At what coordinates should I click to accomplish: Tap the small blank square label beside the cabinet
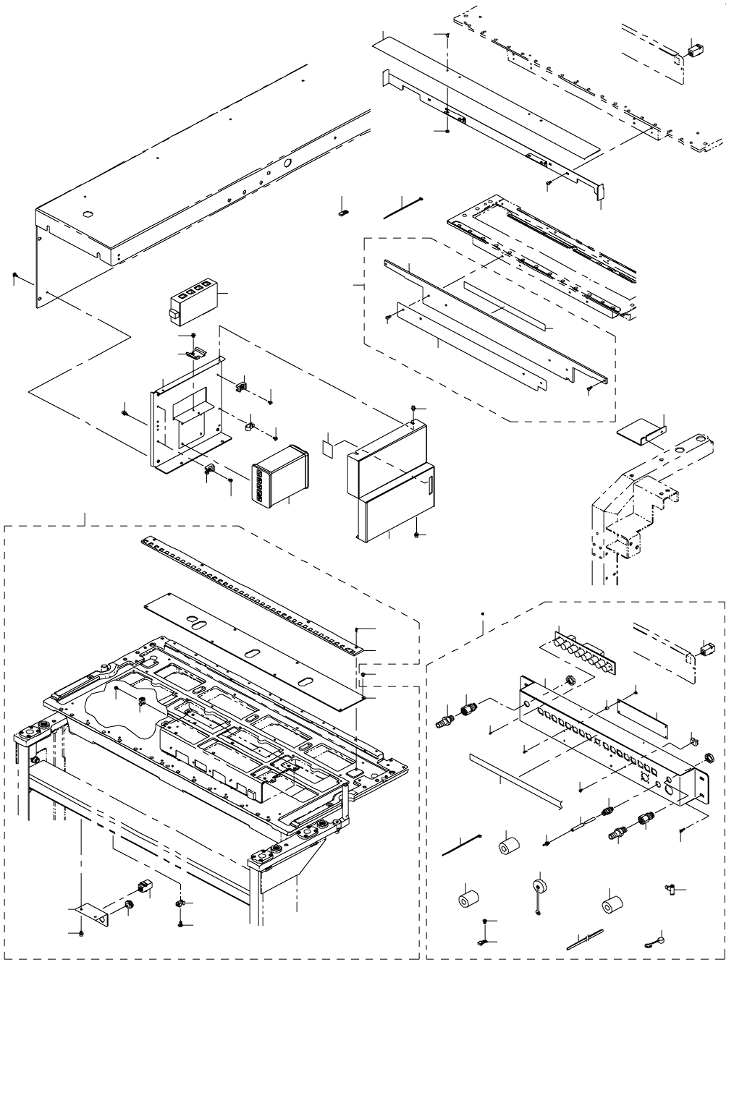point(330,448)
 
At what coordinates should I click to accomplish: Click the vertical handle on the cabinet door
point(429,482)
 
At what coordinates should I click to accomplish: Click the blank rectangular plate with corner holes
point(641,712)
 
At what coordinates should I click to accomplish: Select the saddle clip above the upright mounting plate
point(192,353)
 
